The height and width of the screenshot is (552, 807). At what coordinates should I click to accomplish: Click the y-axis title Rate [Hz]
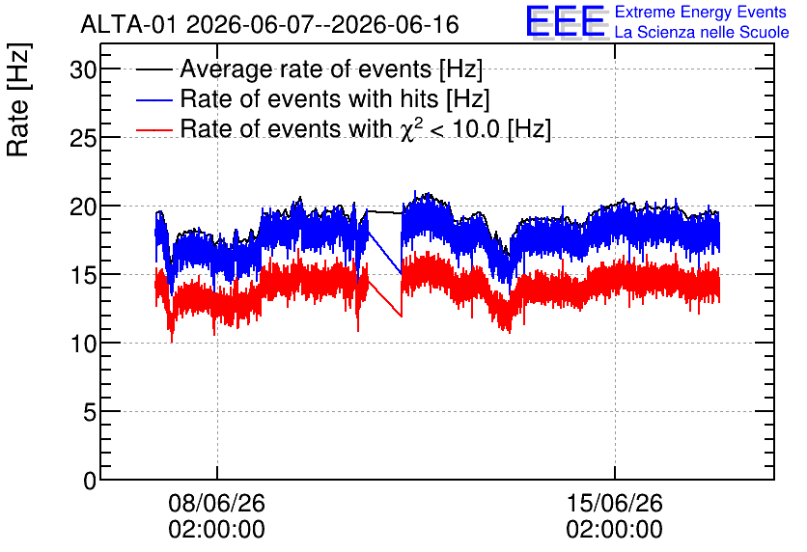18,100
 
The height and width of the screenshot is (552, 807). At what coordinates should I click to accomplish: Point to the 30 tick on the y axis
83,69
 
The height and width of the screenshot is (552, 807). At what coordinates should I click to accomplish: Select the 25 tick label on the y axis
83,138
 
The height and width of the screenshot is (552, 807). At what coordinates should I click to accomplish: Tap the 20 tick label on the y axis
83,207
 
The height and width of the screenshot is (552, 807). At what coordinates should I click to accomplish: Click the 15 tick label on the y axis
83,275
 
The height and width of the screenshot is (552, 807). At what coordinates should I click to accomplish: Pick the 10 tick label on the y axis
83,344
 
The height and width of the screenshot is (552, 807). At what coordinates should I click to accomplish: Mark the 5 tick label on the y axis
90,412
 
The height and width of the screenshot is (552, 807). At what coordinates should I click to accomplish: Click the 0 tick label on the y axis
90,481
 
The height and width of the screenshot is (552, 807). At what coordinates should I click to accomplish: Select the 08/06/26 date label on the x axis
216,503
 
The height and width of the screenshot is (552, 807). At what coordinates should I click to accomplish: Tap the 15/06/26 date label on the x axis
615,503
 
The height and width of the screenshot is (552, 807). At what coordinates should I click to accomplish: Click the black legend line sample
153,69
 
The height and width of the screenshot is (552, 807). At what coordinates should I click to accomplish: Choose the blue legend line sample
153,99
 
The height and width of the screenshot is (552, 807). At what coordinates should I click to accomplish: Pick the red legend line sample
153,129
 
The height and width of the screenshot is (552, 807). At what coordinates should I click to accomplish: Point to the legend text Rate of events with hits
310,98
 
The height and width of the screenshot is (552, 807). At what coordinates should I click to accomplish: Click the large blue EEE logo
566,22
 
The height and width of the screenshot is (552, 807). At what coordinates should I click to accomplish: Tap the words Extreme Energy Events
701,12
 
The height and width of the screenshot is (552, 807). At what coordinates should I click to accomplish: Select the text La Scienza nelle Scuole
702,33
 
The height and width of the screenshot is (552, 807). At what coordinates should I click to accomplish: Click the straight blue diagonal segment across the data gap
384,253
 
